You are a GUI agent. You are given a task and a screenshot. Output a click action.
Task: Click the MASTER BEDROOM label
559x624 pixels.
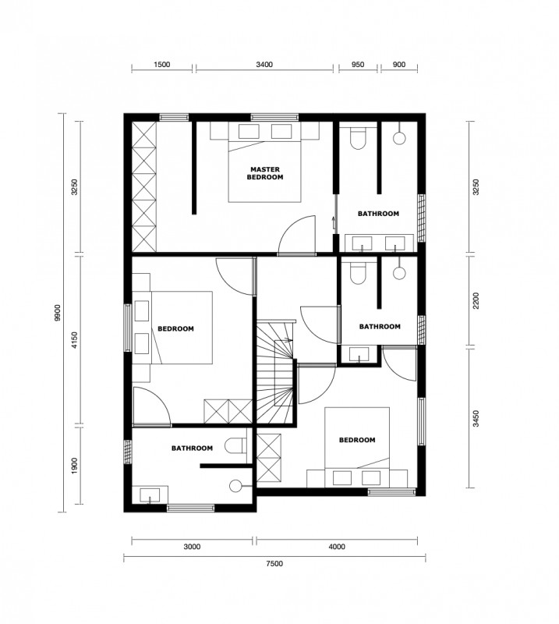[264, 173]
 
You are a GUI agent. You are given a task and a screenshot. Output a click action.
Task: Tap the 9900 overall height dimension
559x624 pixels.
[58, 313]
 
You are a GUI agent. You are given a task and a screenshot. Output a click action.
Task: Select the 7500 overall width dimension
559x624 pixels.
[274, 563]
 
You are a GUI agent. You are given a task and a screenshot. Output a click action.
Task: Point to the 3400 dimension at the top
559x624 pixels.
[264, 65]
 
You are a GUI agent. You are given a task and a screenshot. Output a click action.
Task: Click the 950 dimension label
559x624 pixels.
[358, 65]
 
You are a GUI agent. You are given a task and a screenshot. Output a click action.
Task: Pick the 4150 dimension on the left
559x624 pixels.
[75, 340]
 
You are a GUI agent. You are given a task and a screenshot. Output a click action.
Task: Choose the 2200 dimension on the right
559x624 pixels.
[476, 300]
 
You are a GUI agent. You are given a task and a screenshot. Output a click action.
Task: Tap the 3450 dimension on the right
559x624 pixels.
[476, 418]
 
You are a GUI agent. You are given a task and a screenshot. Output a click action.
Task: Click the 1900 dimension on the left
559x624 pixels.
[75, 466]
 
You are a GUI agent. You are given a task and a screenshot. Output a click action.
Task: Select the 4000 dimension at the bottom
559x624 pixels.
[337, 547]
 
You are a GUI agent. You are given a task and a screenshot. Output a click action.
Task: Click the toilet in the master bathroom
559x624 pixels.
[358, 137]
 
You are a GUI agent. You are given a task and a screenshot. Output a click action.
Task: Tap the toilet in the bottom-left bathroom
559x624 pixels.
[235, 445]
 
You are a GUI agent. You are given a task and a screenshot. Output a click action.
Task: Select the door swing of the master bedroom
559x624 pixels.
[297, 234]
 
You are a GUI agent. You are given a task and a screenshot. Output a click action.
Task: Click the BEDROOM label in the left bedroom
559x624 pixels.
[176, 328]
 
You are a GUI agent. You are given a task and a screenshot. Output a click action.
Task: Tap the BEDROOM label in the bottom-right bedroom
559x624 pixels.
[357, 440]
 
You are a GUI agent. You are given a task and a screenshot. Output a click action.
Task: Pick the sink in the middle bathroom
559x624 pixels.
[359, 354]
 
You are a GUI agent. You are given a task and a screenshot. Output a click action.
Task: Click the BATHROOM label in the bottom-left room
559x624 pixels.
[192, 448]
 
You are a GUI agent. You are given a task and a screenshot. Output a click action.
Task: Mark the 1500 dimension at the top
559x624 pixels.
[161, 65]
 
